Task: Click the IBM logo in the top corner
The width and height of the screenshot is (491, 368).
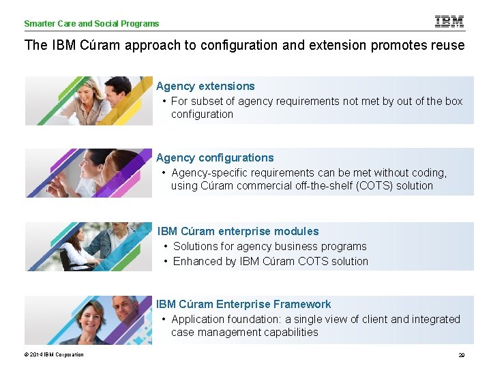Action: tap(449, 22)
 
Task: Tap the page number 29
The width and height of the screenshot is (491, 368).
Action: tap(462, 355)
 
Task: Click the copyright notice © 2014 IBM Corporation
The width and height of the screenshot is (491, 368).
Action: tap(54, 354)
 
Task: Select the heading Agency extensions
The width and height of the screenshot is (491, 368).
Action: tap(205, 86)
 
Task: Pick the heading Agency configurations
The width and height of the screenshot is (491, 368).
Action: tap(215, 157)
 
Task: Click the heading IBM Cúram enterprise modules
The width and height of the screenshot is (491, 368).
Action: tap(238, 231)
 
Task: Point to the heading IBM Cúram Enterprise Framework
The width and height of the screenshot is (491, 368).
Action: tap(243, 304)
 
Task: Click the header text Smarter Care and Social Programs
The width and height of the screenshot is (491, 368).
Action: tap(91, 24)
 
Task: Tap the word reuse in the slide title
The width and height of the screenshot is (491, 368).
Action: tap(447, 46)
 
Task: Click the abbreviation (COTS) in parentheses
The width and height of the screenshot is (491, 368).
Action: tap(374, 185)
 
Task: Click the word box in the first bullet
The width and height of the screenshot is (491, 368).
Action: tap(453, 101)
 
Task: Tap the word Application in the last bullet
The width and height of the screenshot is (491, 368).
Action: tap(199, 319)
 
